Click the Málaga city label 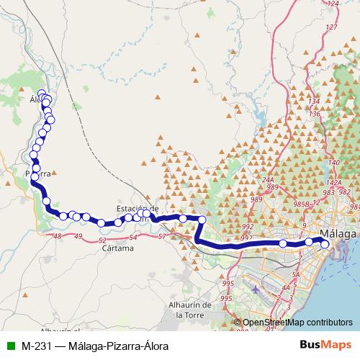pyautogui.click(x=339, y=234)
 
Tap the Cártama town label pyautogui.click(x=118, y=248)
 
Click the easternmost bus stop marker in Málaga pyautogui.click(x=325, y=244)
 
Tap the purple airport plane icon pyautogui.click(x=257, y=289)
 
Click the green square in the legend pyautogui.click(x=10, y=344)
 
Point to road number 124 pyautogui.click(x=332, y=4)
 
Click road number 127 pyautogui.click(x=331, y=27)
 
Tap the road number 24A pyautogui.click(x=269, y=180)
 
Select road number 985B pyautogui.click(x=302, y=204)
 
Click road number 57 pyautogui.click(x=162, y=236)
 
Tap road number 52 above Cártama pyautogui.click(x=102, y=240)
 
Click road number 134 pyautogui.click(x=313, y=101)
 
